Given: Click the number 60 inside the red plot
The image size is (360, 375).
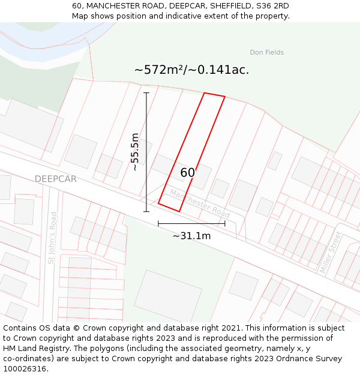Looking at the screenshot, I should (x=187, y=173).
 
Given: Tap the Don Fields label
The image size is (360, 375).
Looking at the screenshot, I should (x=266, y=53).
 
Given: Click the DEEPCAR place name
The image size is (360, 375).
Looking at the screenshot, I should (x=55, y=179).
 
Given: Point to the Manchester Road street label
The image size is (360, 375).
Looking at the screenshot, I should (x=200, y=203).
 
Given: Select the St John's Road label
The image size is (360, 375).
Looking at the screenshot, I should (x=52, y=238).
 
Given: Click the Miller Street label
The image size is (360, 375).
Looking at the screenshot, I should (x=331, y=253).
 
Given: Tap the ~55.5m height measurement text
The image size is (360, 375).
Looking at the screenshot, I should (x=135, y=152).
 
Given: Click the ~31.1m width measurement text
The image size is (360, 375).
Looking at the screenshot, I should (x=191, y=236).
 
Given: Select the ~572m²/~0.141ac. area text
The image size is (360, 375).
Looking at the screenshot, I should (x=191, y=70).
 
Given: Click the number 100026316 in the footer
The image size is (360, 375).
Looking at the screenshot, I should (x=26, y=369).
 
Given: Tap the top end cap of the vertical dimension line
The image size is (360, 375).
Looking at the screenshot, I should (x=146, y=93).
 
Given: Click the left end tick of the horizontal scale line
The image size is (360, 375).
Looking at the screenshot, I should (x=158, y=223).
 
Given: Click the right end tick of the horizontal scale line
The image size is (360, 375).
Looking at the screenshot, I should (x=225, y=223).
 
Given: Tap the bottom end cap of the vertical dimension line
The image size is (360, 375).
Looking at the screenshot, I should (x=146, y=211).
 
